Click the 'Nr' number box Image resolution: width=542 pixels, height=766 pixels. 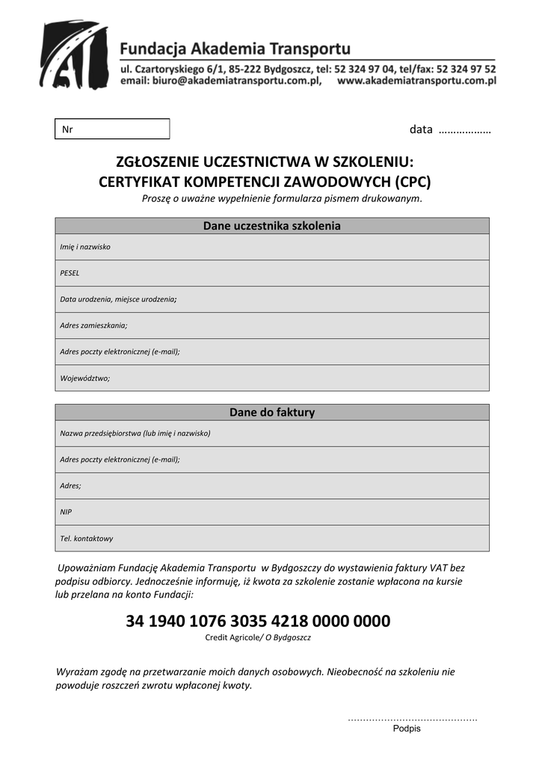pyautogui.click(x=112, y=129)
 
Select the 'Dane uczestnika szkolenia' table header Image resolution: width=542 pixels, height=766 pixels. pyautogui.click(x=272, y=226)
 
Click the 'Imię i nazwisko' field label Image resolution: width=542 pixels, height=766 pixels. pyautogui.click(x=85, y=247)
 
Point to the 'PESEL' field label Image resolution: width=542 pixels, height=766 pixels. pyautogui.click(x=70, y=273)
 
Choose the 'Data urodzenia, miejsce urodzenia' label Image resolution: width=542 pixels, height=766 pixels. pyautogui.click(x=118, y=299)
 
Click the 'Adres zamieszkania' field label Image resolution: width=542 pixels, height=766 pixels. pyautogui.click(x=93, y=325)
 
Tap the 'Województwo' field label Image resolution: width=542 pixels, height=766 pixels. pyautogui.click(x=84, y=378)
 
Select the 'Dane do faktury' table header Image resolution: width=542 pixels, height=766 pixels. pyautogui.click(x=272, y=412)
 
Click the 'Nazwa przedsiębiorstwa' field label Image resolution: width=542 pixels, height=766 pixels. pyautogui.click(x=135, y=433)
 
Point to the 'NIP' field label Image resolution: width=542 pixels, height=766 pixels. pyautogui.click(x=66, y=512)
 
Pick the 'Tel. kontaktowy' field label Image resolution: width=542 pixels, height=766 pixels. pyautogui.click(x=86, y=538)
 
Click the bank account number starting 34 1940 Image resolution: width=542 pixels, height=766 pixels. pyautogui.click(x=258, y=621)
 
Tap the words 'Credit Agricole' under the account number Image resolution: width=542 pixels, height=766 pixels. pyautogui.click(x=231, y=638)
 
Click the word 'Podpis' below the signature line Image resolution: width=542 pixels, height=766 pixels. pyautogui.click(x=407, y=729)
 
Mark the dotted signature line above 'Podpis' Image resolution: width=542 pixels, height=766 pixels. pyautogui.click(x=412, y=720)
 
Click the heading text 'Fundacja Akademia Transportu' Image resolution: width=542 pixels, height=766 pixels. pyautogui.click(x=235, y=49)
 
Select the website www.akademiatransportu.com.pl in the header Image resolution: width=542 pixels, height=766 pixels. pyautogui.click(x=416, y=82)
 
